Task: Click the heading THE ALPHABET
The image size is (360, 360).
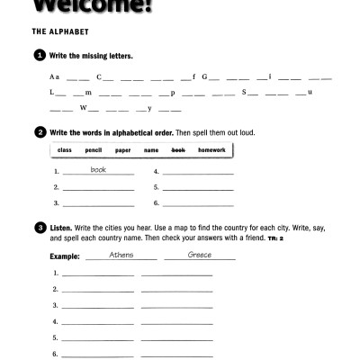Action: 57,30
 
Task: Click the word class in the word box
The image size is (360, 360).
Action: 64,150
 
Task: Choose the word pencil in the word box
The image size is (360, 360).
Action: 93,150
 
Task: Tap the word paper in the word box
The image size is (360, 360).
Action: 122,150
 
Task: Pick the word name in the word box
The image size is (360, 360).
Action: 150,150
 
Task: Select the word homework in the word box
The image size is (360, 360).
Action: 211,150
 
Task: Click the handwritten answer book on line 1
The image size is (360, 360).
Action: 98,169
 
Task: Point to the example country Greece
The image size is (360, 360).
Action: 199,255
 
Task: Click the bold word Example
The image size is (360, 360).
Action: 66,256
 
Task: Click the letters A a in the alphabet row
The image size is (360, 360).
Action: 55,77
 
